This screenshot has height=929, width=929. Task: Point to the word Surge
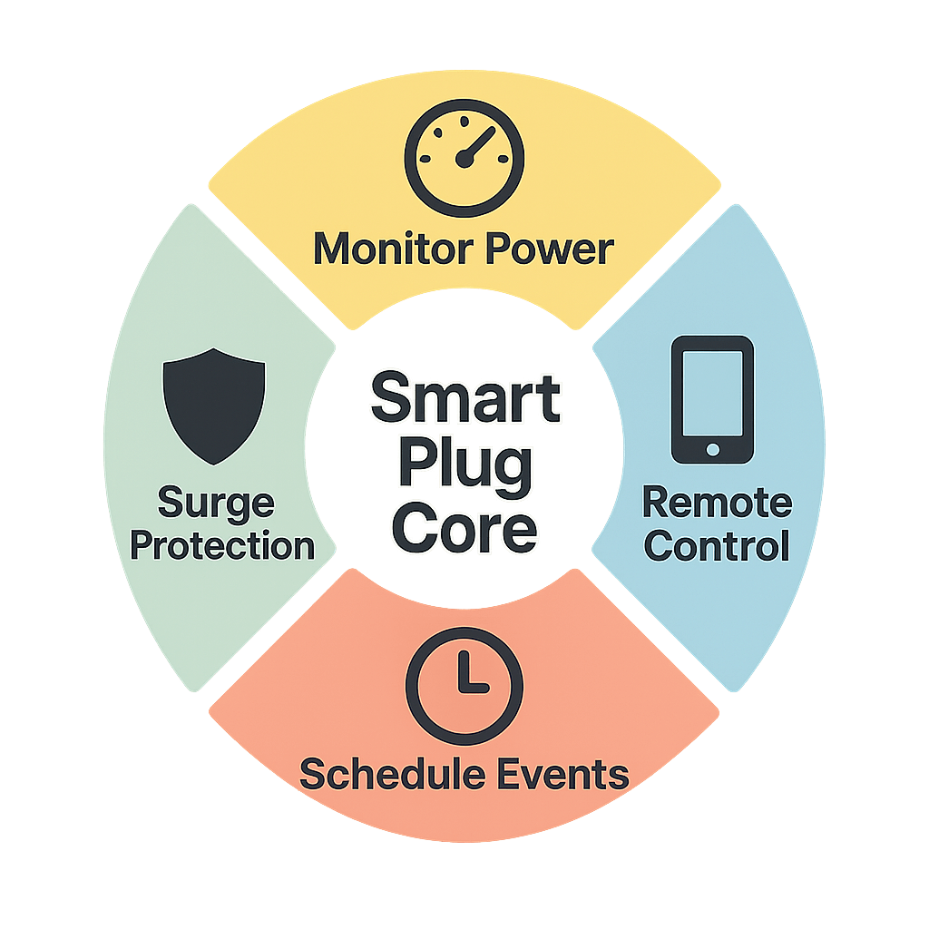[x=215, y=502]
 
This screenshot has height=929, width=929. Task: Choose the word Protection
[x=222, y=546]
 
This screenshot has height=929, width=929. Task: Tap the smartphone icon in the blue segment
[x=712, y=399]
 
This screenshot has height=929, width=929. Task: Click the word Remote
[x=717, y=502]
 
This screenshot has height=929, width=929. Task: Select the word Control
[x=717, y=546]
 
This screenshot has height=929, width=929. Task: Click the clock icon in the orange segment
[x=464, y=680]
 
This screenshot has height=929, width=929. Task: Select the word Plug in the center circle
[x=464, y=464]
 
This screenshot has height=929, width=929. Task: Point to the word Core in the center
[x=464, y=528]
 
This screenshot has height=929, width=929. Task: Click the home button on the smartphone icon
[x=712, y=449]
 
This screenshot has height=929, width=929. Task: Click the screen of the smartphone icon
[x=712, y=392]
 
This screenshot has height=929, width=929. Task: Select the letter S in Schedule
[x=313, y=774]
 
